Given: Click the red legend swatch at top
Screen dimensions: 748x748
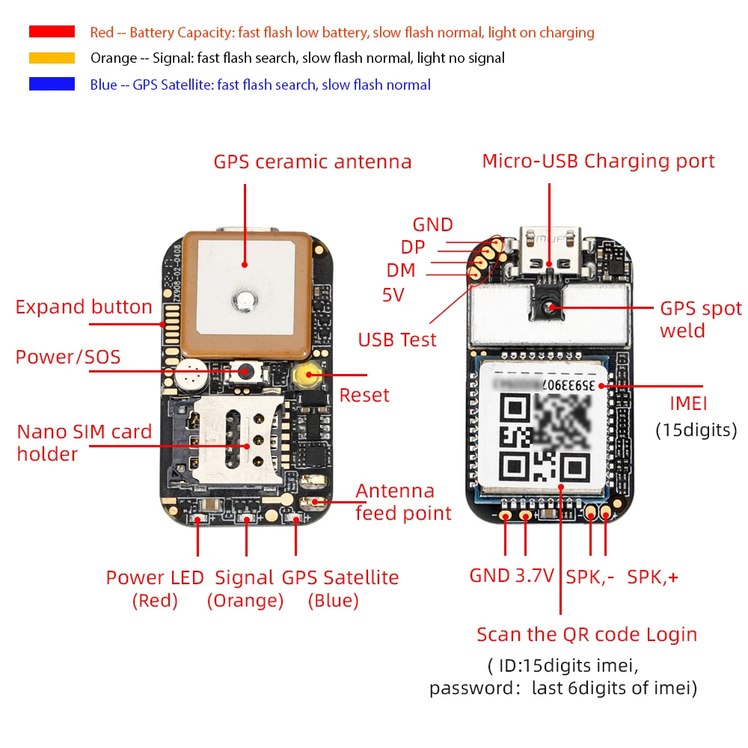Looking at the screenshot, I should [x=52, y=31].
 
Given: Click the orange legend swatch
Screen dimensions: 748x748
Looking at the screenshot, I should [x=52, y=58].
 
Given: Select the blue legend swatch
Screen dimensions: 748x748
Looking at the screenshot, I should [x=52, y=84].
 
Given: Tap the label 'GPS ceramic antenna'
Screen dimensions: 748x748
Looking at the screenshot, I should [x=312, y=162].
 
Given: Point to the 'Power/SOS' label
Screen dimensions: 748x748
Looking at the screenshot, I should [x=68, y=357].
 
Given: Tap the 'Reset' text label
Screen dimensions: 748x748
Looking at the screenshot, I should [x=364, y=395].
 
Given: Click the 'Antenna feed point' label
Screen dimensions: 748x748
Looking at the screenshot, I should [x=403, y=502].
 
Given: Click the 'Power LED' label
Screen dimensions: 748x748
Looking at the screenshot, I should [x=154, y=577].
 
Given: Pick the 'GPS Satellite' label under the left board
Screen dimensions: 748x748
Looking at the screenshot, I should [x=340, y=577].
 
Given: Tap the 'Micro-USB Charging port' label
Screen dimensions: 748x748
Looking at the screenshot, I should [x=598, y=161].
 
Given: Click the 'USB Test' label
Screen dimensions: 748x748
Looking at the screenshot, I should [x=396, y=340].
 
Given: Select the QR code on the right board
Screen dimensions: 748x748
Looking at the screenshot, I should [x=544, y=438].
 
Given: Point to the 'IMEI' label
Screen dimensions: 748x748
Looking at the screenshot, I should [x=688, y=404].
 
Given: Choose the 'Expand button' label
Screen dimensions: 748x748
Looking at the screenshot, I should [x=84, y=307].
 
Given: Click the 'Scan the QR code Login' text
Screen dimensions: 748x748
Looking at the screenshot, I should [x=586, y=634].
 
